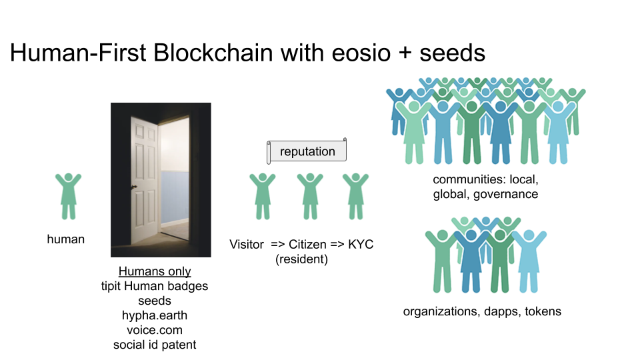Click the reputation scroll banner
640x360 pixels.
coord(307,151)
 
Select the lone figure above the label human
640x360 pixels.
coord(68,195)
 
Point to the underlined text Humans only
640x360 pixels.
coord(155,272)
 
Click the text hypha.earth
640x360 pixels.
coord(155,315)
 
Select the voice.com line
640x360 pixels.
coord(155,330)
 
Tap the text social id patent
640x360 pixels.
coord(155,345)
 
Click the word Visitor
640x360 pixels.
coord(247,245)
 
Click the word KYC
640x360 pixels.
coord(361,245)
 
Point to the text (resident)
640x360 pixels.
coord(301,259)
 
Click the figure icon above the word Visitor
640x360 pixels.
coord(263,195)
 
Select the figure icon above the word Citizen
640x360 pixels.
coord(310,195)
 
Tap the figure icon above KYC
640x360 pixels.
coord(355,195)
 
